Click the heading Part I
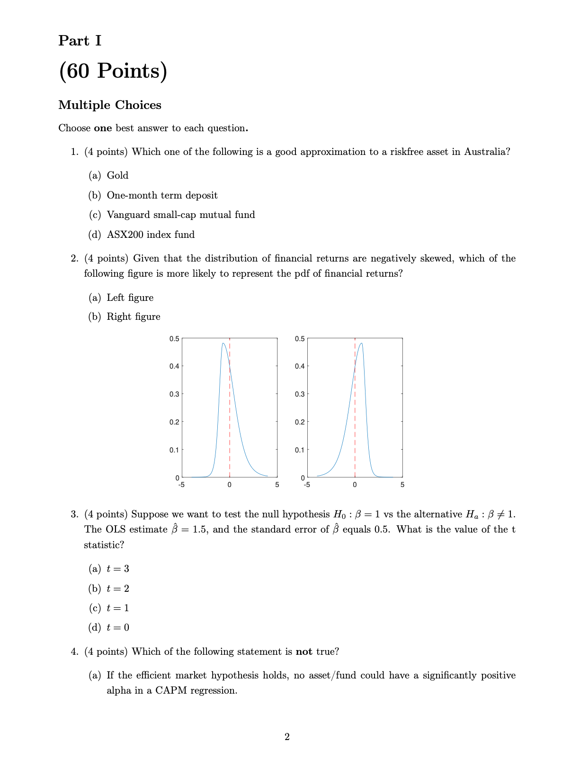coord(80,41)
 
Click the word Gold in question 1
coord(117,176)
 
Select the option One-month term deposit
coord(162,196)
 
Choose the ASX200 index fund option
coord(151,235)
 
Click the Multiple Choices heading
coord(109,105)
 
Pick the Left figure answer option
coord(130,298)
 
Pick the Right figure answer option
coord(133,317)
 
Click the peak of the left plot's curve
coord(223,343)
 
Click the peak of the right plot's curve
coord(361,343)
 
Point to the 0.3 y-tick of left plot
coord(174,394)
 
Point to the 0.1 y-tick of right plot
coord(299,450)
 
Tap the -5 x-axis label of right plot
coord(306,485)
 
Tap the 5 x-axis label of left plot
coord(277,485)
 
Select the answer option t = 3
coord(117,569)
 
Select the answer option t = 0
coord(117,628)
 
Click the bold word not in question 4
coord(303,652)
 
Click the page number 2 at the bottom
coord(286,737)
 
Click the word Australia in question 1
coord(486,152)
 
